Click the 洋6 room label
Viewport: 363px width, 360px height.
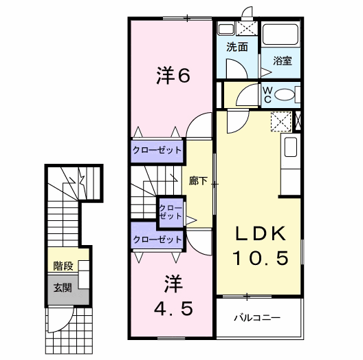(173, 75)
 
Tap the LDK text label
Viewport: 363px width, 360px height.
(261, 233)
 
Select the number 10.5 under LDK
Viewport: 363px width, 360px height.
(261, 257)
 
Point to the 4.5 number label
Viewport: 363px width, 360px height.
(173, 308)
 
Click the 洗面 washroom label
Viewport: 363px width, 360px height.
(237, 47)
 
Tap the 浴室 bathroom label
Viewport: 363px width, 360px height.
(282, 61)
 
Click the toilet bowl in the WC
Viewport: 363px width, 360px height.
(285, 94)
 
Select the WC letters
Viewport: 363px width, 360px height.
(267, 95)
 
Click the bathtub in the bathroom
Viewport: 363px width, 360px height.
(280, 34)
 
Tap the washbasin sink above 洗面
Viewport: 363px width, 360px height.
(226, 29)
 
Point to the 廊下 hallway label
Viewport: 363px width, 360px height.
(198, 181)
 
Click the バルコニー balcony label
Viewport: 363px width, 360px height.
(257, 317)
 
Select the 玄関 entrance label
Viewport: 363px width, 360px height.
(63, 288)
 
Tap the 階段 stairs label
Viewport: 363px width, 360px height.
(63, 266)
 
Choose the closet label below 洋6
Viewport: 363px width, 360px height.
(157, 150)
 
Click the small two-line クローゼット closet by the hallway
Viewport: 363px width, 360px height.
(171, 212)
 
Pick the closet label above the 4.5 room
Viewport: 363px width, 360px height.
(157, 239)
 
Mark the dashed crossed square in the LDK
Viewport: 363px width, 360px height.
(281, 122)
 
